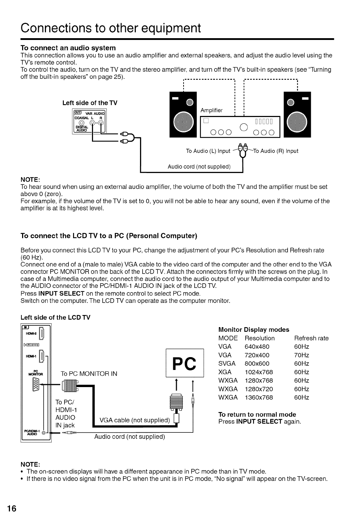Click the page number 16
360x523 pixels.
(11, 508)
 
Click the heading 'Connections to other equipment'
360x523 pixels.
(110, 27)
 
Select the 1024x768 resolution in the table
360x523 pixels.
(258, 372)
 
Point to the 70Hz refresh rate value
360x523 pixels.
(302, 355)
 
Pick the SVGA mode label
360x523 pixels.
(227, 364)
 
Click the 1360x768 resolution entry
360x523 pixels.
(258, 397)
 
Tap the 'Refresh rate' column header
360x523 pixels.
(311, 338)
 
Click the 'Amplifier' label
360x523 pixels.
(211, 110)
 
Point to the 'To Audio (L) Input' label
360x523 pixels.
(208, 151)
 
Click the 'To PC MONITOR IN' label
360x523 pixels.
(89, 374)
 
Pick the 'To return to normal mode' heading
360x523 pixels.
(257, 414)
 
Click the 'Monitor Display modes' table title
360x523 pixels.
(253, 330)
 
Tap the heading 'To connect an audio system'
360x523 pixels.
(68, 48)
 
